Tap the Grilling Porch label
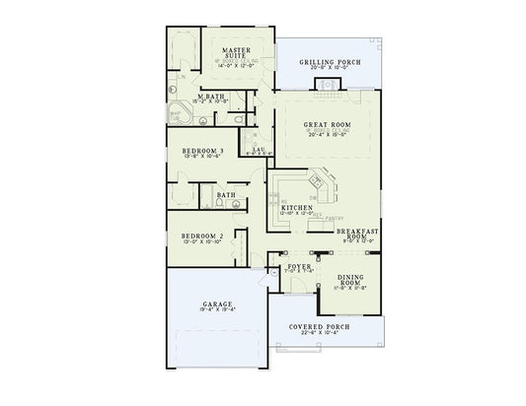[x=329, y=62]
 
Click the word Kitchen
[x=296, y=208]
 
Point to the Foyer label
[x=299, y=267]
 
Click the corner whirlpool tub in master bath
[x=180, y=110]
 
